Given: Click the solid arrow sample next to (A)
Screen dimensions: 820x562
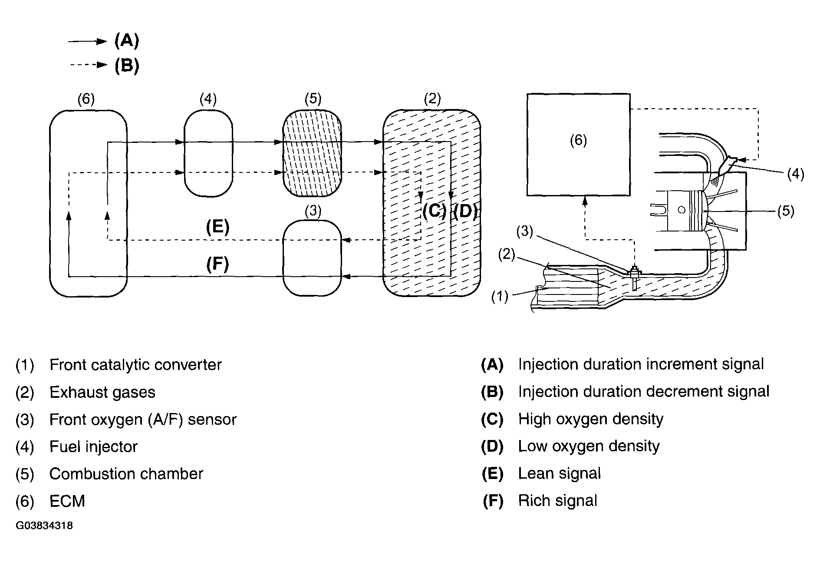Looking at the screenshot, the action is (x=87, y=41).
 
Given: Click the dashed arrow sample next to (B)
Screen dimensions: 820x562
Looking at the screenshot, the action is (x=89, y=65).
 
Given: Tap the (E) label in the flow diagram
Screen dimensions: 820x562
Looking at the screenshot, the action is (x=217, y=227).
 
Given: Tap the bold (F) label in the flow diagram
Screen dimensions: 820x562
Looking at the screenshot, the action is (x=217, y=264).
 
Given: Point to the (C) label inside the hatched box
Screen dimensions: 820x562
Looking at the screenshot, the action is (x=434, y=212).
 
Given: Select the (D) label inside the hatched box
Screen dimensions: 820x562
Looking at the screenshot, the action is (x=465, y=212).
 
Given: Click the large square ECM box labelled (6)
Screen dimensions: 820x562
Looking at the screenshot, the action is (x=578, y=145).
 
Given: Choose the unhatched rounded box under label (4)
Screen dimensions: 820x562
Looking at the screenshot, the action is (x=208, y=153).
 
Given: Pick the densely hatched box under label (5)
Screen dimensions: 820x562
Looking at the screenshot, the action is (x=312, y=153).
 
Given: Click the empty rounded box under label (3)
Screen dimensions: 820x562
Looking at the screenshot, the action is (x=312, y=258).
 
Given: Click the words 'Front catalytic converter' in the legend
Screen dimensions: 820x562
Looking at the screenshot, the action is (x=135, y=365).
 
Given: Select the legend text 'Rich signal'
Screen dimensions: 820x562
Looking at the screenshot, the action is (x=558, y=501).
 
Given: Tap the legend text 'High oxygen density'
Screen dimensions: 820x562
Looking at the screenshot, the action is (x=591, y=419).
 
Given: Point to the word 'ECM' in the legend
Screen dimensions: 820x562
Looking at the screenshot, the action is (x=67, y=501).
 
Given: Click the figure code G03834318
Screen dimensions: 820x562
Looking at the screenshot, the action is (x=44, y=526).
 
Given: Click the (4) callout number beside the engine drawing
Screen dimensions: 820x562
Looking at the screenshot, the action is (x=796, y=175).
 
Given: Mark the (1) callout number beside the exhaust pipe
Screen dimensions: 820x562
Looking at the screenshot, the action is (x=500, y=297).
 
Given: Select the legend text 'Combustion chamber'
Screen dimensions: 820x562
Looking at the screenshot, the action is (x=126, y=474).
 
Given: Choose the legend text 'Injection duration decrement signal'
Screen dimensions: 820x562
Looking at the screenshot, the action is (x=644, y=392).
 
